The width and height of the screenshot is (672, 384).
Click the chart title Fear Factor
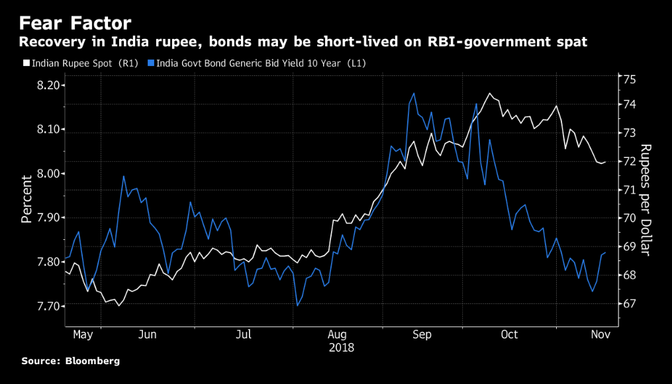pyautogui.click(x=74, y=24)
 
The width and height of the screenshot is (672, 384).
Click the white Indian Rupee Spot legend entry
pyautogui.click(x=80, y=63)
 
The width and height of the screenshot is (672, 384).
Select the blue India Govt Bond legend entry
pyautogui.click(x=258, y=63)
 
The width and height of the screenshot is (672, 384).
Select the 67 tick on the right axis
pyautogui.click(x=630, y=304)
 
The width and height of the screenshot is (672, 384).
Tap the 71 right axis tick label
pyautogui.click(x=630, y=190)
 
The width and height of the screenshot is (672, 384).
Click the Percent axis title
pyautogui.click(x=26, y=198)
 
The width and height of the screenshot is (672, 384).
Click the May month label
pyautogui.click(x=83, y=335)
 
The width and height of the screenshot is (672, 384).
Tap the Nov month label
pyautogui.click(x=600, y=335)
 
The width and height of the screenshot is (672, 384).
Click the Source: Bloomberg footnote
pyautogui.click(x=70, y=362)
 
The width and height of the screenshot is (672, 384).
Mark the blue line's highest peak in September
pyautogui.click(x=414, y=93)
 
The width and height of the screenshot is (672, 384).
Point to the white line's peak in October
pyautogui.click(x=489, y=93)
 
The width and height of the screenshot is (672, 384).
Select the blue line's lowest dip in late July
pyautogui.click(x=297, y=305)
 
